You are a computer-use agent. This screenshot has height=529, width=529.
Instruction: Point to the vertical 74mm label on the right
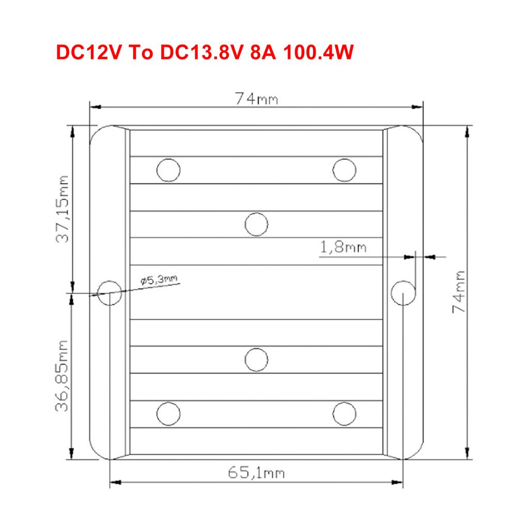click(459, 291)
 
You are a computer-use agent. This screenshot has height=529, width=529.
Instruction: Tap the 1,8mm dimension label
click(344, 247)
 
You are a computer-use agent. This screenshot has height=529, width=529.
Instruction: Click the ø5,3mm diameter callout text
click(159, 281)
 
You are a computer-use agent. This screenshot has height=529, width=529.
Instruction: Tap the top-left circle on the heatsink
click(168, 169)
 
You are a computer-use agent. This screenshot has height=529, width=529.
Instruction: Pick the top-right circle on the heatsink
click(345, 169)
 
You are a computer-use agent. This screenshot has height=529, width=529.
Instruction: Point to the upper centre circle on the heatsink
click(256, 224)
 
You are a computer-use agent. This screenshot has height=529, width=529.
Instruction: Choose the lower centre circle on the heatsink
click(256, 360)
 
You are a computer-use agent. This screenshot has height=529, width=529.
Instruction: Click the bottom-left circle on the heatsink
click(168, 413)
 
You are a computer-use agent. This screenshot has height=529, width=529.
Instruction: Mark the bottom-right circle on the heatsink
click(345, 413)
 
